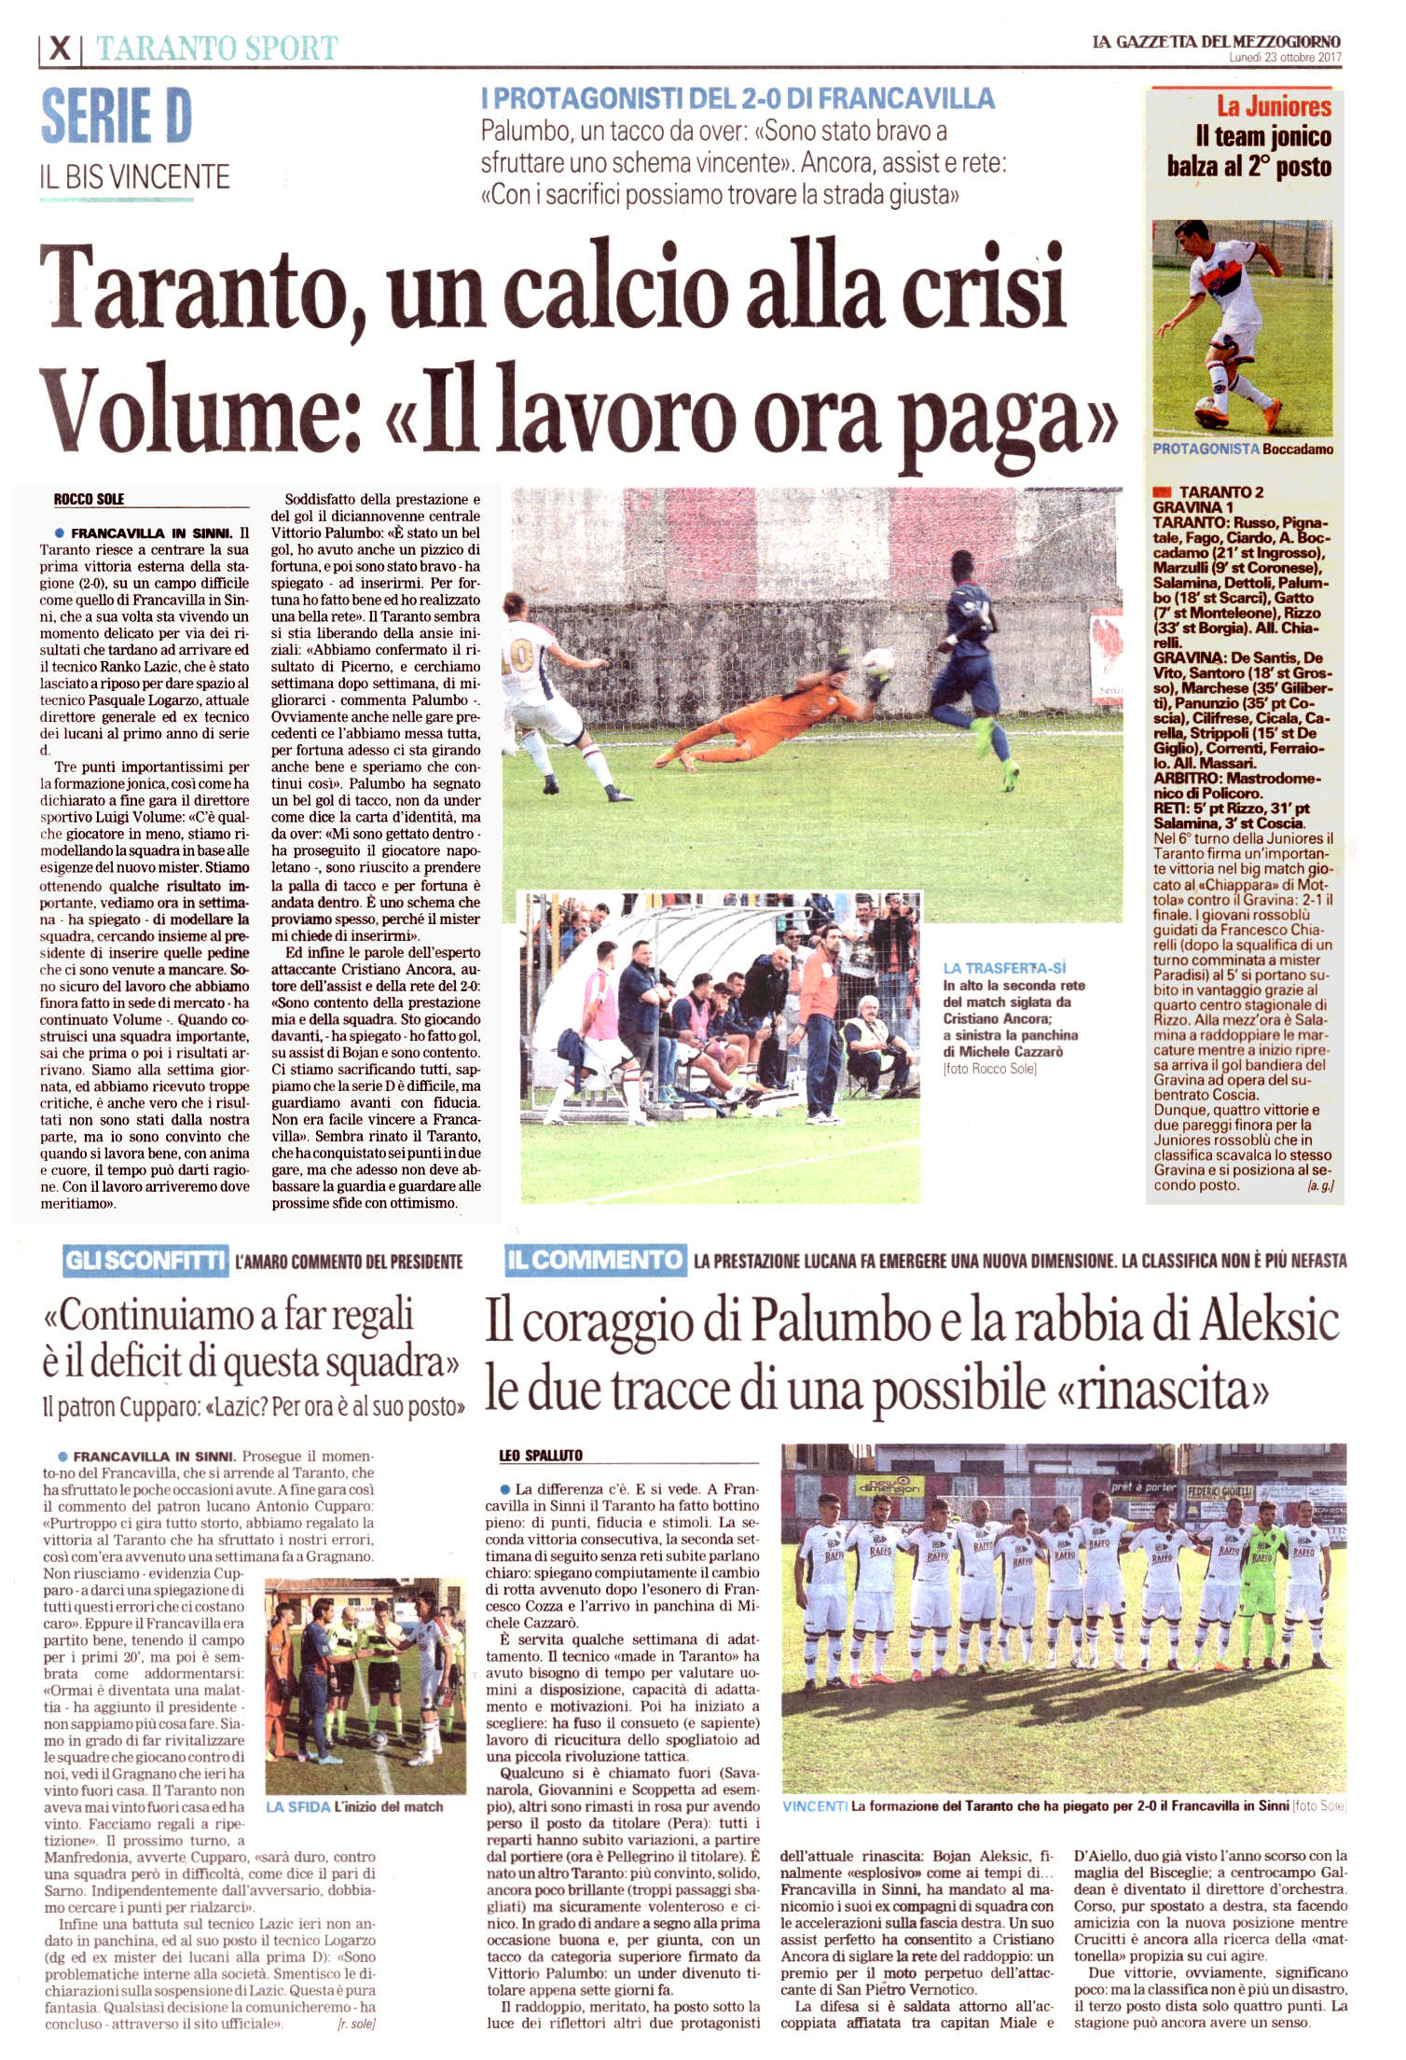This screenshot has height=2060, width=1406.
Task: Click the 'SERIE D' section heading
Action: click(117, 116)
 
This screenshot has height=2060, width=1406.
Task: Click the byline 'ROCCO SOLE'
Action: click(89, 499)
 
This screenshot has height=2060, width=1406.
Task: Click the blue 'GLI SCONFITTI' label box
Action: click(145, 1261)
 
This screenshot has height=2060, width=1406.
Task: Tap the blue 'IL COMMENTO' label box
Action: click(595, 1260)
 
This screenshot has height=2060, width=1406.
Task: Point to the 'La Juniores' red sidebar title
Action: click(1274, 106)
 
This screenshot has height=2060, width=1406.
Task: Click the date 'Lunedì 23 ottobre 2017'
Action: click(1285, 58)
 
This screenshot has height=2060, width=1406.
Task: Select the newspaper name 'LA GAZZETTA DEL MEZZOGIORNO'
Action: click(1216, 42)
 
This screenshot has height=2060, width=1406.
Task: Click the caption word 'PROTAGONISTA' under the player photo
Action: click(1206, 449)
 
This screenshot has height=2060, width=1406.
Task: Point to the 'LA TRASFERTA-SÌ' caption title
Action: click(1004, 968)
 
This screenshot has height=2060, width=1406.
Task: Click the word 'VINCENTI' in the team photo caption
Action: click(815, 1806)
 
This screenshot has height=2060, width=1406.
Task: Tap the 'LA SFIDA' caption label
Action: click(298, 1806)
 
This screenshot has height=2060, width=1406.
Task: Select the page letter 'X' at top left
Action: click(60, 48)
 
